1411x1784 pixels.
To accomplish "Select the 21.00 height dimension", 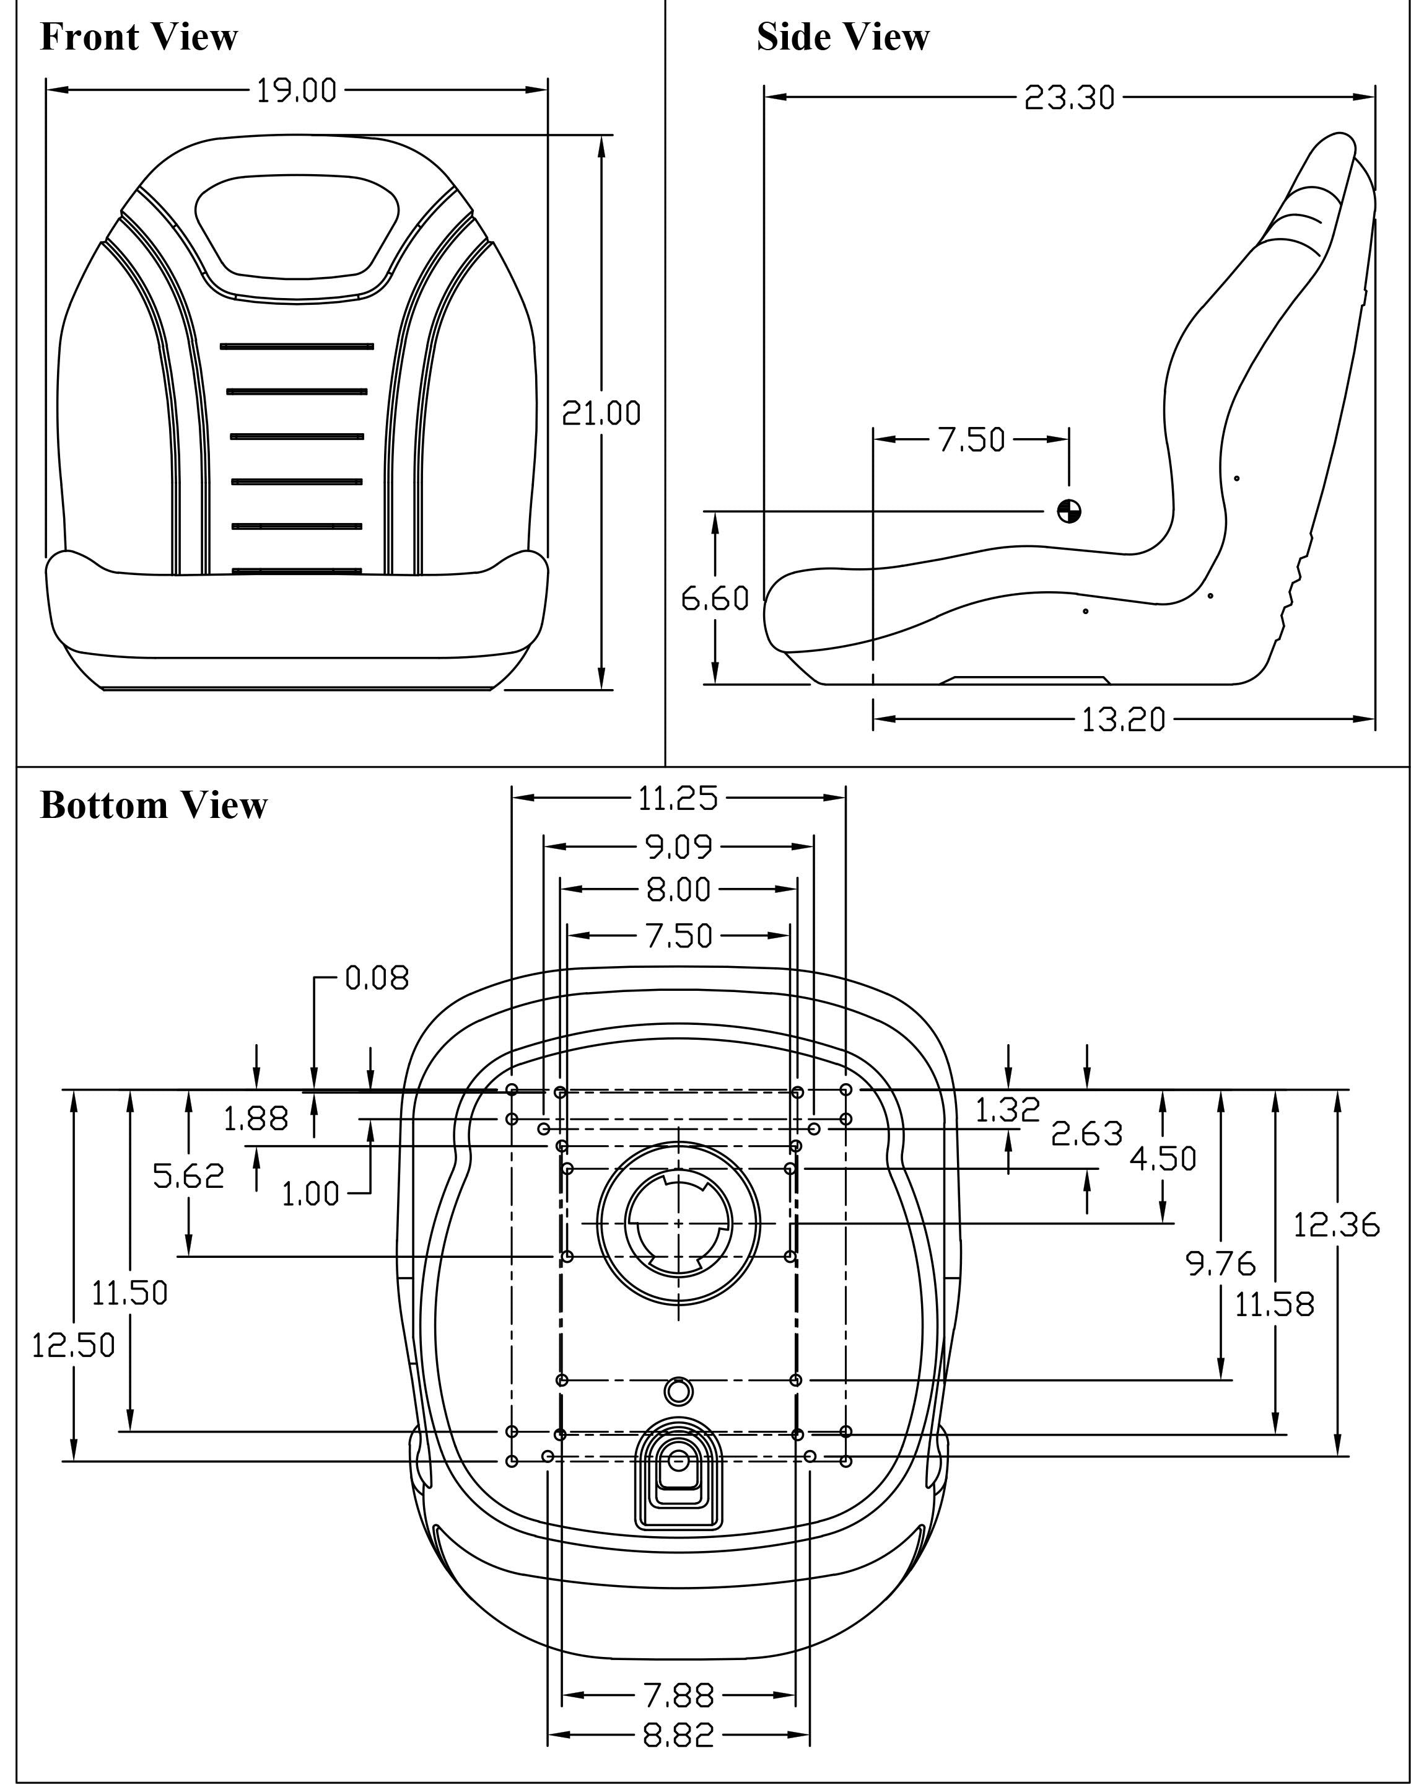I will (x=601, y=412).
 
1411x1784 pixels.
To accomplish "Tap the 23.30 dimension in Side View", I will (x=1069, y=97).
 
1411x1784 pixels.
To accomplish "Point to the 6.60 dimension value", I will (x=715, y=597).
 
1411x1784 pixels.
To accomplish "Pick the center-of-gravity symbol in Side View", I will (x=1069, y=511).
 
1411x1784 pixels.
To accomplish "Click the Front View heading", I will (x=139, y=37).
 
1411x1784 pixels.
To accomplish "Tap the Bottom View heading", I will (x=154, y=805).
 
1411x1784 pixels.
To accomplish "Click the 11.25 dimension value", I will (x=678, y=798).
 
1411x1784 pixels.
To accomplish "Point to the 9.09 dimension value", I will (x=678, y=846).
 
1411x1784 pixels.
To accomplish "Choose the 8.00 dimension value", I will (x=678, y=890).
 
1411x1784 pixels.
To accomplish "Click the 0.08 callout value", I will (x=376, y=978).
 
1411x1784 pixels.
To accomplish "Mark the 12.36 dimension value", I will (x=1336, y=1224).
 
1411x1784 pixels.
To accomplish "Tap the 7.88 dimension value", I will (x=678, y=1695).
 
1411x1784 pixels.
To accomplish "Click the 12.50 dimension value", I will (x=74, y=1345).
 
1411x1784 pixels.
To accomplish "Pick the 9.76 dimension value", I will (x=1220, y=1263).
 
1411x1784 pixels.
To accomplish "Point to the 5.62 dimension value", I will (x=188, y=1176).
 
